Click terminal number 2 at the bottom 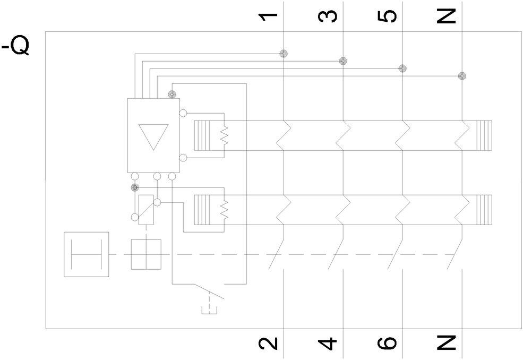[270, 344]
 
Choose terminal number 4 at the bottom [329, 344]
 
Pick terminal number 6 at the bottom [389, 344]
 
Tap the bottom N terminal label [448, 344]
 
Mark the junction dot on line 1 [284, 53]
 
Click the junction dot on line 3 [343, 61]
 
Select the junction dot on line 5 [402, 68]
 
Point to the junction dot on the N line [462, 76]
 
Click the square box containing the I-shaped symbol [86, 254]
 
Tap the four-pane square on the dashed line [146, 254]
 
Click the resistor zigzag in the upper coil [224, 136]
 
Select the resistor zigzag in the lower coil [224, 210]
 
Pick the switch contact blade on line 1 [277, 254]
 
